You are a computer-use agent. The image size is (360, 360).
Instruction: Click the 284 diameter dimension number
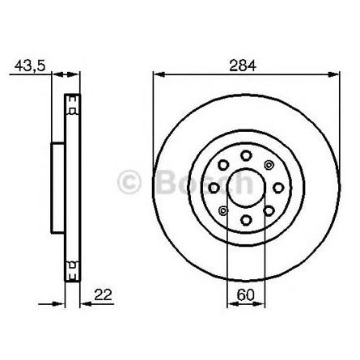click(243, 66)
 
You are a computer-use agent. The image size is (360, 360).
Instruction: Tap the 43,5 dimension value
click(30, 66)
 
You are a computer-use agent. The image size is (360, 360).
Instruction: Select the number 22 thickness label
click(103, 294)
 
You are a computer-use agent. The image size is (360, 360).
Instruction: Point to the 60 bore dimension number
click(245, 294)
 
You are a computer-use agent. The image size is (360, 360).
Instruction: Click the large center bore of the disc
click(246, 187)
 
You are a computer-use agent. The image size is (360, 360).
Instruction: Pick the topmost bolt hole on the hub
click(246, 155)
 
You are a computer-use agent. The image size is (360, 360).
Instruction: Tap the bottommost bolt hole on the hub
click(246, 219)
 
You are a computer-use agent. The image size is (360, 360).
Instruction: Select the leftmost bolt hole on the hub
click(214, 188)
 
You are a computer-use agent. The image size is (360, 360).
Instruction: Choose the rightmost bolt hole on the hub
click(278, 188)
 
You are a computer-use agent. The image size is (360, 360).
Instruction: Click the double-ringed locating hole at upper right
click(269, 165)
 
